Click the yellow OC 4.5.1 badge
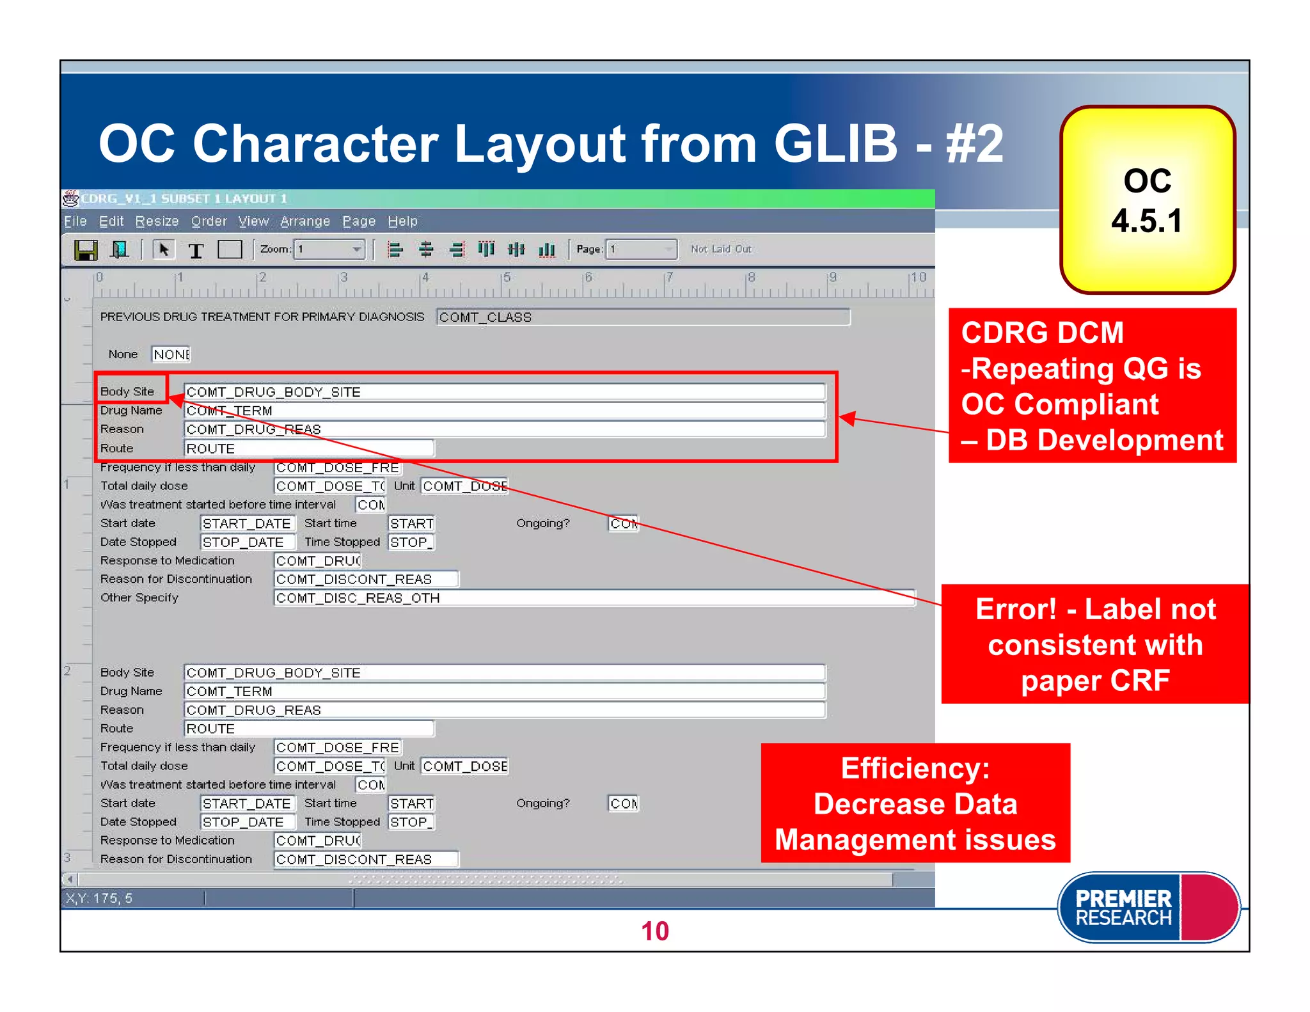tap(1147, 200)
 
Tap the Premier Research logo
tap(1148, 907)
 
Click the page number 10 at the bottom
tap(654, 931)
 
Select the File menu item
tap(75, 221)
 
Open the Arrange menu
tap(304, 221)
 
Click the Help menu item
tap(402, 221)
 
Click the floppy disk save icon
tap(86, 249)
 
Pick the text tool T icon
tap(196, 250)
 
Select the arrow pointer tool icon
tap(164, 249)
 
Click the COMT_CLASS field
tap(643, 317)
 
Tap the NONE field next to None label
tap(171, 354)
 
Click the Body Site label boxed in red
tap(128, 391)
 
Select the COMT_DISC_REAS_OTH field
tap(594, 598)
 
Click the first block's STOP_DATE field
tap(248, 542)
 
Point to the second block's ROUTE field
tap(309, 729)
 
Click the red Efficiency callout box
tap(915, 803)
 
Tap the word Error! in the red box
tap(1016, 609)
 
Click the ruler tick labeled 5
tap(507, 278)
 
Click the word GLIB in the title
tap(835, 143)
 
